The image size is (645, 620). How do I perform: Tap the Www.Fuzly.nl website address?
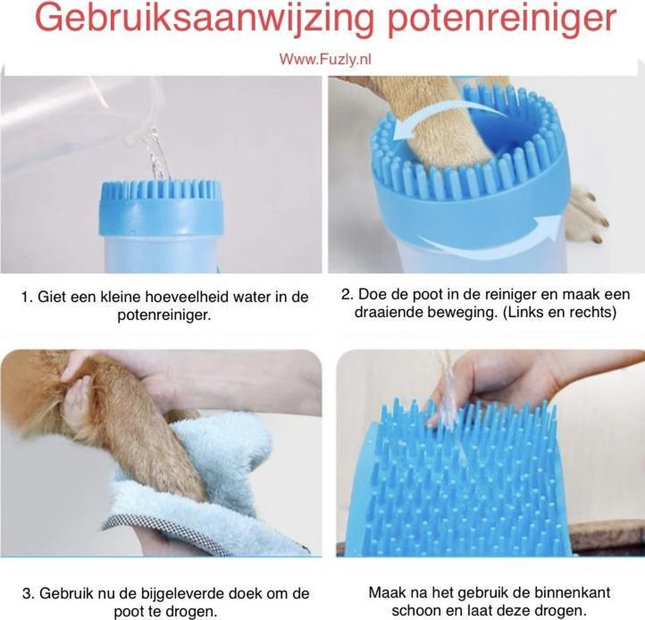tap(325, 59)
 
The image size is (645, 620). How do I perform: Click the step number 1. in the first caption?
tap(27, 297)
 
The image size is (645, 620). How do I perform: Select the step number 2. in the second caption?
tap(348, 294)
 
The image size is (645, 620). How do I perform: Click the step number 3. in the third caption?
tap(28, 594)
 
